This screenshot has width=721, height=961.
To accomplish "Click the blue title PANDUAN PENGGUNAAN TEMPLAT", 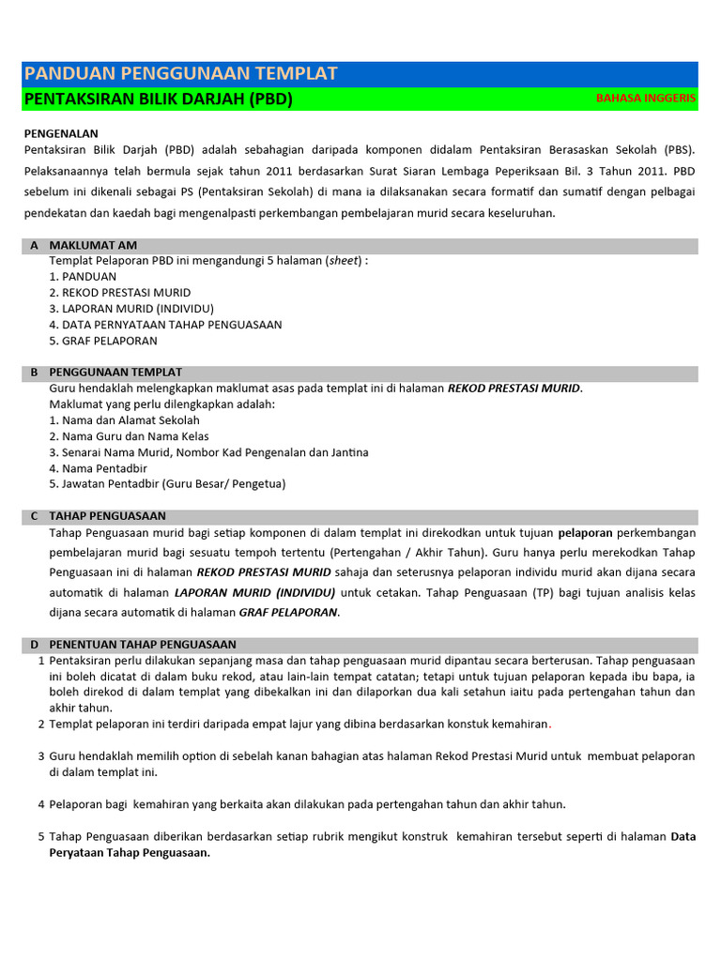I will point(180,74).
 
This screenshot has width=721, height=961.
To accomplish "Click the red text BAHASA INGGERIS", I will point(646,99).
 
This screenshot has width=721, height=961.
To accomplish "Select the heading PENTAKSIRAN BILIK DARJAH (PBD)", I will point(158,99).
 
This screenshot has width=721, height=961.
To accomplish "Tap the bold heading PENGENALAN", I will point(61,134).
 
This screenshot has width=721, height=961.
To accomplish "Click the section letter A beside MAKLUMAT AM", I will point(34,245).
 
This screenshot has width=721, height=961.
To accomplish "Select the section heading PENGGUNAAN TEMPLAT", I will point(115,373).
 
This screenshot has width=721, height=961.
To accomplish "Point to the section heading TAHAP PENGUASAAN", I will point(107,516).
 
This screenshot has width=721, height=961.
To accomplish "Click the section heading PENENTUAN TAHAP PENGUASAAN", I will point(143,645).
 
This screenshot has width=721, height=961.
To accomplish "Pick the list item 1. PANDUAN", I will point(83,277).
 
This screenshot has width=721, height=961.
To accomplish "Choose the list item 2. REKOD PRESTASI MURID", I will point(119,293).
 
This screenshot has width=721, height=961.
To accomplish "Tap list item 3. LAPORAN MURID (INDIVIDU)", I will point(131,309).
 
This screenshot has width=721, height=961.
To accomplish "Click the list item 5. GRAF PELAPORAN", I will point(103,341).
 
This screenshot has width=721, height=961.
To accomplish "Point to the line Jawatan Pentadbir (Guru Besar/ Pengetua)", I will point(167,484).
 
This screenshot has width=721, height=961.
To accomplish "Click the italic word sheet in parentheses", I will point(344,261).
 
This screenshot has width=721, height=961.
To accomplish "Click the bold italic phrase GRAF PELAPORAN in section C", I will point(288,613).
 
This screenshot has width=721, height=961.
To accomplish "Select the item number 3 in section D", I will point(41,755).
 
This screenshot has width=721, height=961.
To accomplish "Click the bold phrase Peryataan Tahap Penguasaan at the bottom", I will point(130,853).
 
